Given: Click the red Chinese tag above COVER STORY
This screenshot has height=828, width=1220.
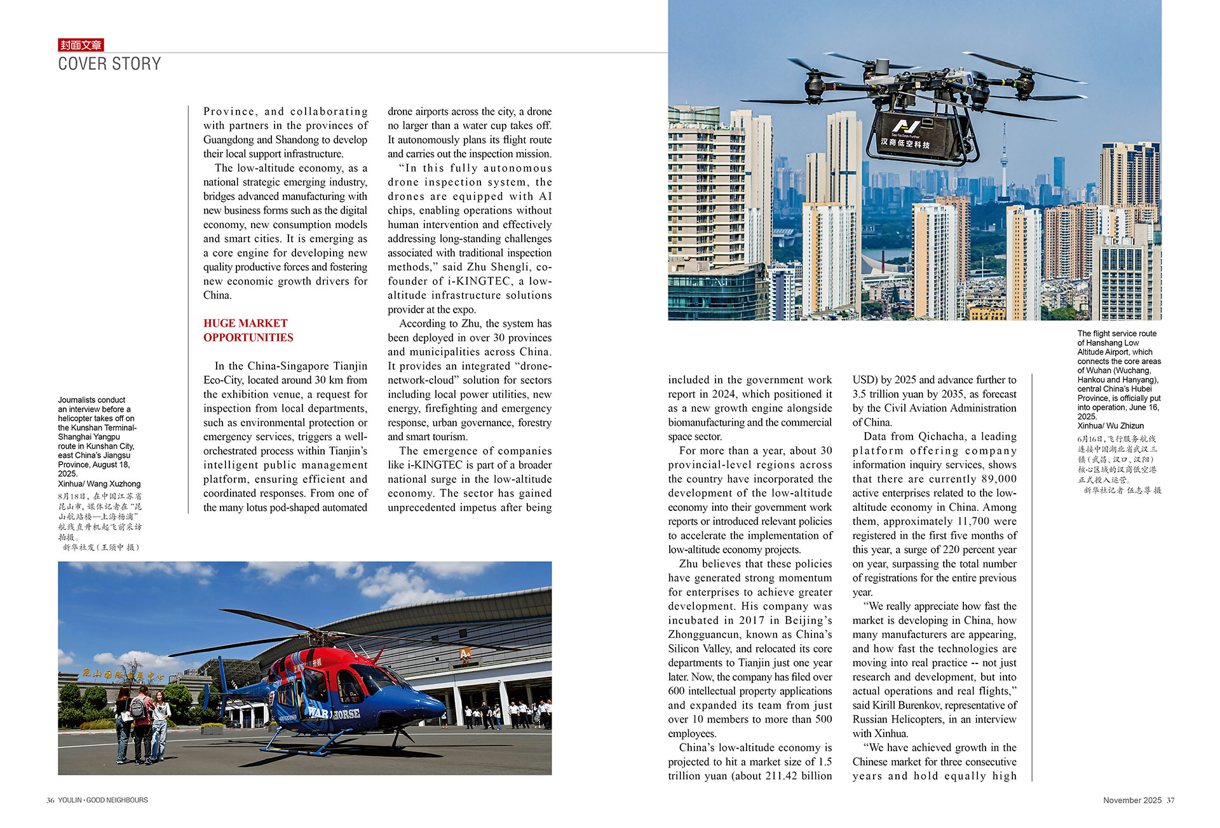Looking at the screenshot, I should click(81, 45).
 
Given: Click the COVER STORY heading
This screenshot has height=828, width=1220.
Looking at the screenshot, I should click(109, 64).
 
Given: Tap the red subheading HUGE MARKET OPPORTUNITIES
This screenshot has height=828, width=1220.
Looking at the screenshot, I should click(248, 330).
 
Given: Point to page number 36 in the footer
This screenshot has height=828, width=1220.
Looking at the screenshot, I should click(50, 801).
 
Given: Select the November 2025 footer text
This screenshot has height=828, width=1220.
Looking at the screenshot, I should click(1132, 801).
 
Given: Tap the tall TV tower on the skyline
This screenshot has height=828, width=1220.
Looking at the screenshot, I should click(1004, 159).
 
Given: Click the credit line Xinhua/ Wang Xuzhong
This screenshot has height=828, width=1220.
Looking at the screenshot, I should click(99, 484).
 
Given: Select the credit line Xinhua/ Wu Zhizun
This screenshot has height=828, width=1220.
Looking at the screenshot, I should click(1110, 426).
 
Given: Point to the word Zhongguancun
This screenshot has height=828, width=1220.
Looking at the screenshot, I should click(705, 635).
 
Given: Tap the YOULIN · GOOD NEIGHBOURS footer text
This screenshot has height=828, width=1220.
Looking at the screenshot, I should click(103, 801).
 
